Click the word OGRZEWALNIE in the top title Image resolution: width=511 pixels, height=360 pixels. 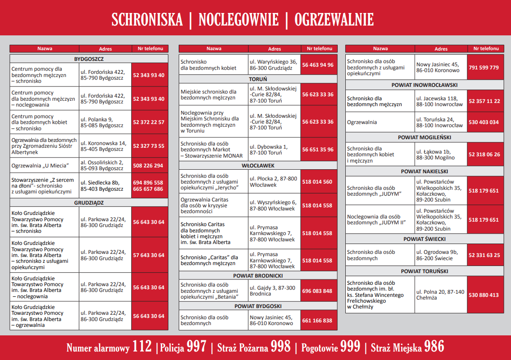point(334,20)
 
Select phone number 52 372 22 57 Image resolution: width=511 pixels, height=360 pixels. point(149,122)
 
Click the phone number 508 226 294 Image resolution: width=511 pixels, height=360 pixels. point(148,166)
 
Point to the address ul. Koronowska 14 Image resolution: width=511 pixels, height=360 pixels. point(103,143)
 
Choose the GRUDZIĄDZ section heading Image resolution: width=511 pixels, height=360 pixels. point(89,202)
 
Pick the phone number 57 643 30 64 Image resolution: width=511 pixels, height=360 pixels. point(149,255)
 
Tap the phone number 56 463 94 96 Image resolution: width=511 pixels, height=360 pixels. point(318,65)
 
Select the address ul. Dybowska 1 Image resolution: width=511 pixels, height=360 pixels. point(269,147)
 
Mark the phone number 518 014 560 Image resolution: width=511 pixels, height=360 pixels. point(317,182)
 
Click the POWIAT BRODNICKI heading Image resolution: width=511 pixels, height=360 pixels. point(258,276)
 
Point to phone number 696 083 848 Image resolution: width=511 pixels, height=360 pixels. point(317,291)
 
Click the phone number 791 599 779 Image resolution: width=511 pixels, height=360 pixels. point(484,68)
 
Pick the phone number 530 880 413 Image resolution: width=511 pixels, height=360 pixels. point(484,295)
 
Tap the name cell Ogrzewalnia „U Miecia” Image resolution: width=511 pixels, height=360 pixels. point(40,166)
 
